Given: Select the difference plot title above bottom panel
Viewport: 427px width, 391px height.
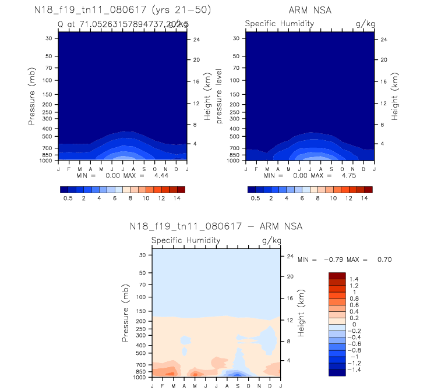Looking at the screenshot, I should [216, 226].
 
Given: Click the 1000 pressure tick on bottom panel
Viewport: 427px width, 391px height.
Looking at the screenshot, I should [140, 378].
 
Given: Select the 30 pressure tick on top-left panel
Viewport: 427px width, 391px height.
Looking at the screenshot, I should [49, 38].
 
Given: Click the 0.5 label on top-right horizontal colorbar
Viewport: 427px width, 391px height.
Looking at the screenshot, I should [255, 198].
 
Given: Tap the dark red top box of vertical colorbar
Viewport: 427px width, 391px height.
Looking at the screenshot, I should [337, 275].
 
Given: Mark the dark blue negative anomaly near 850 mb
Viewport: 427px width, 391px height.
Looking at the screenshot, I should [238, 373].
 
